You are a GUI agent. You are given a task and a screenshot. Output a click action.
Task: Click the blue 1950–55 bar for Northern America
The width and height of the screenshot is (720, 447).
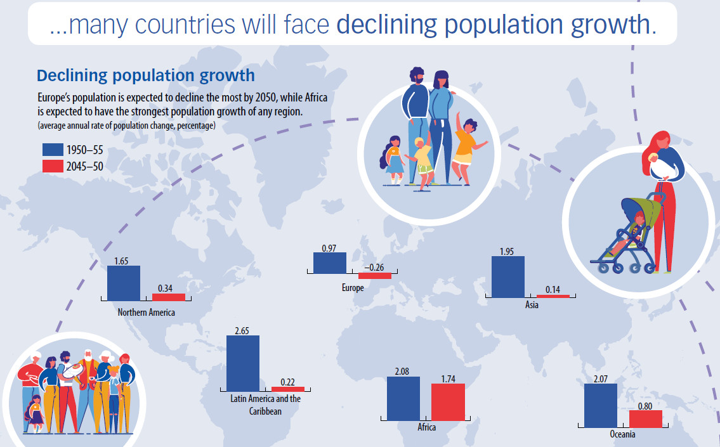pos(124,283)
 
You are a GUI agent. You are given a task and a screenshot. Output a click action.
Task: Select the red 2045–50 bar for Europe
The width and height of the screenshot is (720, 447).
pos(375,276)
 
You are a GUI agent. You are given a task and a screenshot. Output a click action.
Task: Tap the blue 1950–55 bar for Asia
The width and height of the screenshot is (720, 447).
pos(508,276)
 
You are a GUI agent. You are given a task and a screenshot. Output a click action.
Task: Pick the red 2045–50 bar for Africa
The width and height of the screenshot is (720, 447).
pos(448,401)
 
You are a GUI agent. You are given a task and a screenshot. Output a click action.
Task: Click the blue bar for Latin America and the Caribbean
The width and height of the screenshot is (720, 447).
pos(243,363)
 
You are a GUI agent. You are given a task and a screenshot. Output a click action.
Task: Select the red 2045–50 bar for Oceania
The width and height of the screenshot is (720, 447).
pos(646,418)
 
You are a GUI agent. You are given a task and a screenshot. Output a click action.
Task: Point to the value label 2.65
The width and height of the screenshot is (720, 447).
pos(242,331)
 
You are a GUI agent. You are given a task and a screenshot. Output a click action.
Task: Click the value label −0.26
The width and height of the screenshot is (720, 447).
pos(375,268)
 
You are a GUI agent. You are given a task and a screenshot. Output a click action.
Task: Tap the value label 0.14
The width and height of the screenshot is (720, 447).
pos(553,290)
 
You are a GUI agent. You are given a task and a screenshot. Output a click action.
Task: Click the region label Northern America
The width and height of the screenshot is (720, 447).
pos(147,313)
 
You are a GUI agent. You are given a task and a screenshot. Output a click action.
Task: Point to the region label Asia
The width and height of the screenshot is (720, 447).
pos(532,306)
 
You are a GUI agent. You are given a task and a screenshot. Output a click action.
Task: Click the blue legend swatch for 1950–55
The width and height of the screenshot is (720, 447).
pos(52,150)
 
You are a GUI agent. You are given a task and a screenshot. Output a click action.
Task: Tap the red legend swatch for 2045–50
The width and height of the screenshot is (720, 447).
pos(52,166)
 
